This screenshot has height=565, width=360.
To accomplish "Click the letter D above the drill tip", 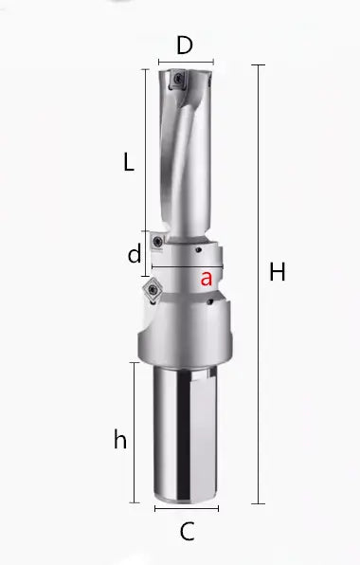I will coord(186,46).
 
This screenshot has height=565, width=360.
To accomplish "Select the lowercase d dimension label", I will coord(135,253).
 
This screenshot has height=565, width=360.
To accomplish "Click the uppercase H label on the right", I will coord(277,273).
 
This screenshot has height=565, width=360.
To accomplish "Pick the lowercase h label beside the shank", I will coord(119,440).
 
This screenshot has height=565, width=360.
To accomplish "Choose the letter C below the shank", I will coord(187,532).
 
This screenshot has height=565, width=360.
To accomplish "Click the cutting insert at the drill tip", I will coord(174,82).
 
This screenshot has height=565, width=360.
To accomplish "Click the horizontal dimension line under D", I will coord(186,64).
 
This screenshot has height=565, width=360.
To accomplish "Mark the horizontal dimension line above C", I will coord(186,508).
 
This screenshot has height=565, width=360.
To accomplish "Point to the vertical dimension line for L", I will coord(144,152).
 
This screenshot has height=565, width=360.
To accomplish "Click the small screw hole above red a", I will coord(197,251).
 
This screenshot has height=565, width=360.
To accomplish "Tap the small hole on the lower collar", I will coord(206,301).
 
